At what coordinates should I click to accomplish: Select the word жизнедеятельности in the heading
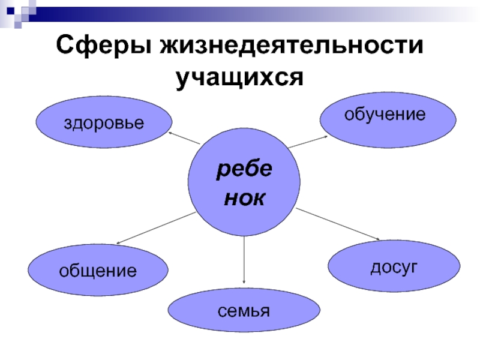tap(287, 46)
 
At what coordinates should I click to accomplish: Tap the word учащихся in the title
tap(239, 77)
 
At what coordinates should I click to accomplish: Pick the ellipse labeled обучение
tap(385, 117)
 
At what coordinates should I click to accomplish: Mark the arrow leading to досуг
tap(338, 224)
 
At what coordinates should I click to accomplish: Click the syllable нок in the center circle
tap(244, 199)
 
